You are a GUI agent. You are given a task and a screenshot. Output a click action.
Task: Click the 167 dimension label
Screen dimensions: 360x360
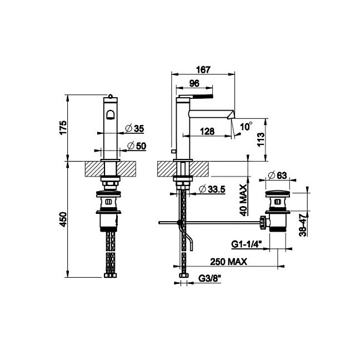pos(203,69)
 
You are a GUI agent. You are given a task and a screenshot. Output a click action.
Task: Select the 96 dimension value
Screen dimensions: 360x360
pos(194,83)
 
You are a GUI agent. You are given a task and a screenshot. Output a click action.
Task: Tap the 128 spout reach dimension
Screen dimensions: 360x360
pos(207,132)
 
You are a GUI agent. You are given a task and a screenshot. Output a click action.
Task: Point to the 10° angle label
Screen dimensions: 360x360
pos(246,126)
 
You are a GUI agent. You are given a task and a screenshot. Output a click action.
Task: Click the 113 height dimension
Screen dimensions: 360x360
pos(261,139)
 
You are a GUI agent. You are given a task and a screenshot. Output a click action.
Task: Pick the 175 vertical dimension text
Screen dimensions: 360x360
pos(63,128)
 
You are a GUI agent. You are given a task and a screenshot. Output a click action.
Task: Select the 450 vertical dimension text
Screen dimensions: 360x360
pos(63,219)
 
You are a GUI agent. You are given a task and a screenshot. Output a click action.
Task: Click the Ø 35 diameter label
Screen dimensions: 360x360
pos(135,128)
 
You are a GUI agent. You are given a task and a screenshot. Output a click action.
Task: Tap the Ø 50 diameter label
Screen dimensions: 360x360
pos(137,146)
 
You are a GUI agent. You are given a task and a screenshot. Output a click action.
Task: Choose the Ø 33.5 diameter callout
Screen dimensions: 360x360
pos(212,189)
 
